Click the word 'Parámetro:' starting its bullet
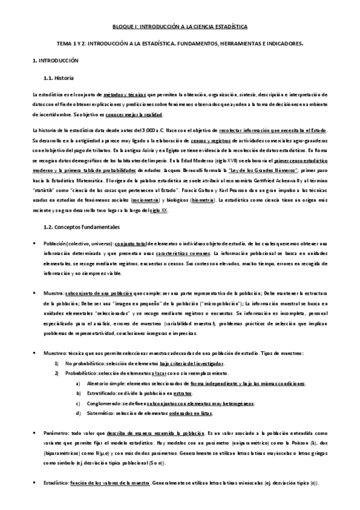point(56,432)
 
